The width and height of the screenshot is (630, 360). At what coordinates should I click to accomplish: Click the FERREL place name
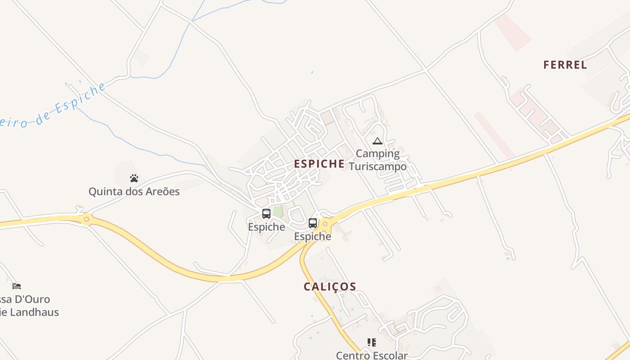coord(565,65)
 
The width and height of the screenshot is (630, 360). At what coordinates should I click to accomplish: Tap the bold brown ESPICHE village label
coord(319,164)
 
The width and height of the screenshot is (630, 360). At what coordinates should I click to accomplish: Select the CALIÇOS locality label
coord(330,287)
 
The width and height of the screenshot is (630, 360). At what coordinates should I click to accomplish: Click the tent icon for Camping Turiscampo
coord(377,141)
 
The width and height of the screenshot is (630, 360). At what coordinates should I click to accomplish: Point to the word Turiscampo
coord(378,166)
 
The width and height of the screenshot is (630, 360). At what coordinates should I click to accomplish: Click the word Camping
coord(378,154)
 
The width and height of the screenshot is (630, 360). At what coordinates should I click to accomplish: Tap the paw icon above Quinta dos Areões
coord(134,178)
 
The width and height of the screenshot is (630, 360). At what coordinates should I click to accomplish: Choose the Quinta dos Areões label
coord(134,192)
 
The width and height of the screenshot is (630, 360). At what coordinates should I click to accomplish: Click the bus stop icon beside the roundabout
coord(313,223)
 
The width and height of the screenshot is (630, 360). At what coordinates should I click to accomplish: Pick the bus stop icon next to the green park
coord(266,214)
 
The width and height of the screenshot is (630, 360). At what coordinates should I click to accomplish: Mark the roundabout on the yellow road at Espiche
coord(325,223)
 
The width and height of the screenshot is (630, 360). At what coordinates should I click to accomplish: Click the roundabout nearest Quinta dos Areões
coord(86,219)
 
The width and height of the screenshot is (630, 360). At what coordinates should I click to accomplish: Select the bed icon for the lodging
coord(17,286)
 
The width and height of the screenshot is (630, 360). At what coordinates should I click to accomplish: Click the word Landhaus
coord(34,312)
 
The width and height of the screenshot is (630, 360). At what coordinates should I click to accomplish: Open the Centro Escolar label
coord(372,355)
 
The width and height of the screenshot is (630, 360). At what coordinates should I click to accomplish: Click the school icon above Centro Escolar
coord(371,342)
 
